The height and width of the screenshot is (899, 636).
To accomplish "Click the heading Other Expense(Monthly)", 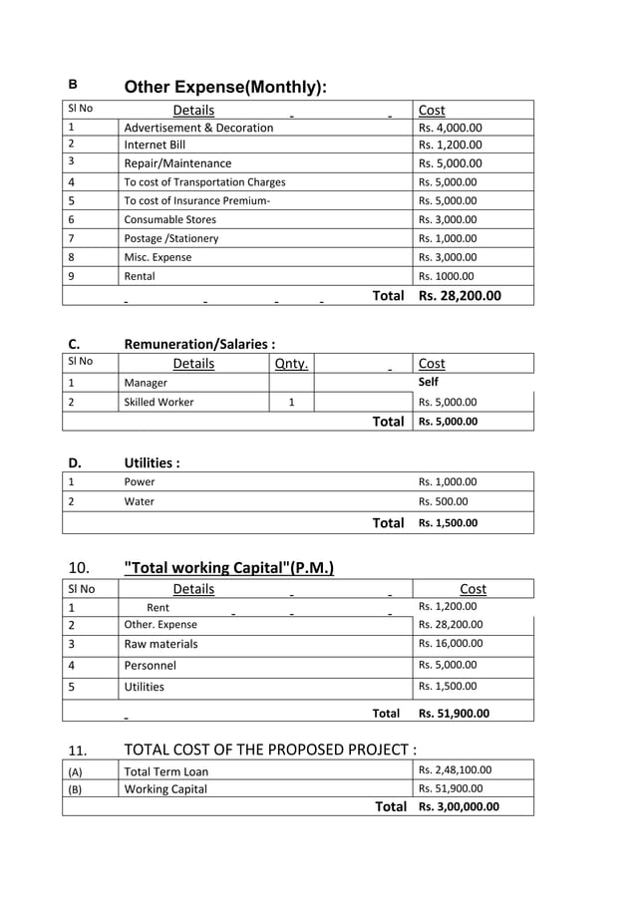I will (x=224, y=88).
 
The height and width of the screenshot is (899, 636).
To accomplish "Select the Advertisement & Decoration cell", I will (x=198, y=128).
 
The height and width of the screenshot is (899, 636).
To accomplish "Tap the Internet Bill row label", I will (x=155, y=146).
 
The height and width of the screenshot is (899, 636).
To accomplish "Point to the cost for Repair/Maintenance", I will (x=450, y=163).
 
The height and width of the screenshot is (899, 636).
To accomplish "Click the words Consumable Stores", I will (x=169, y=219).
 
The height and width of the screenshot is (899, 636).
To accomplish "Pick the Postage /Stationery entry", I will (x=170, y=238).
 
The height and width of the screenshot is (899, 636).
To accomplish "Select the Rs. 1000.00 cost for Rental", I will (x=447, y=276).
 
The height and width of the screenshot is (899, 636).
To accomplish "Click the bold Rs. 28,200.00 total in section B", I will (x=460, y=296).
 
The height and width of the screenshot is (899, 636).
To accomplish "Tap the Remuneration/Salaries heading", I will (x=199, y=344).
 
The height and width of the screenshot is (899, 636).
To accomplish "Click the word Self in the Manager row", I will (x=429, y=382).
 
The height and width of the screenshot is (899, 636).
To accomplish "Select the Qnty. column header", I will (x=291, y=364).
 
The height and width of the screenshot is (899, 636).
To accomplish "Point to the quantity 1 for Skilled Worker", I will (x=291, y=403).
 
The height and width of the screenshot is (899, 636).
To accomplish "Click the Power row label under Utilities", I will (x=140, y=481).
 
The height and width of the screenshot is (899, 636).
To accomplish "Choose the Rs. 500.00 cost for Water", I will (x=444, y=501).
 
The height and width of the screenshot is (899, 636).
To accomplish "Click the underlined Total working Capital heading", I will (x=228, y=568).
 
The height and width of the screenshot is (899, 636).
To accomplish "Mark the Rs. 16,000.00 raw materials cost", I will (x=451, y=644).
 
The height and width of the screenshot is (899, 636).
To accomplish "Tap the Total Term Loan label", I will (x=166, y=770).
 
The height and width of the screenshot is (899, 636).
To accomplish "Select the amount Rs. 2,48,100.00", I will (x=455, y=769).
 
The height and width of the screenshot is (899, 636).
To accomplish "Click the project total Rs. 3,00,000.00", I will (x=459, y=806).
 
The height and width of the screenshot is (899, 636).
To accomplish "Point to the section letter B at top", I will (x=73, y=86).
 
